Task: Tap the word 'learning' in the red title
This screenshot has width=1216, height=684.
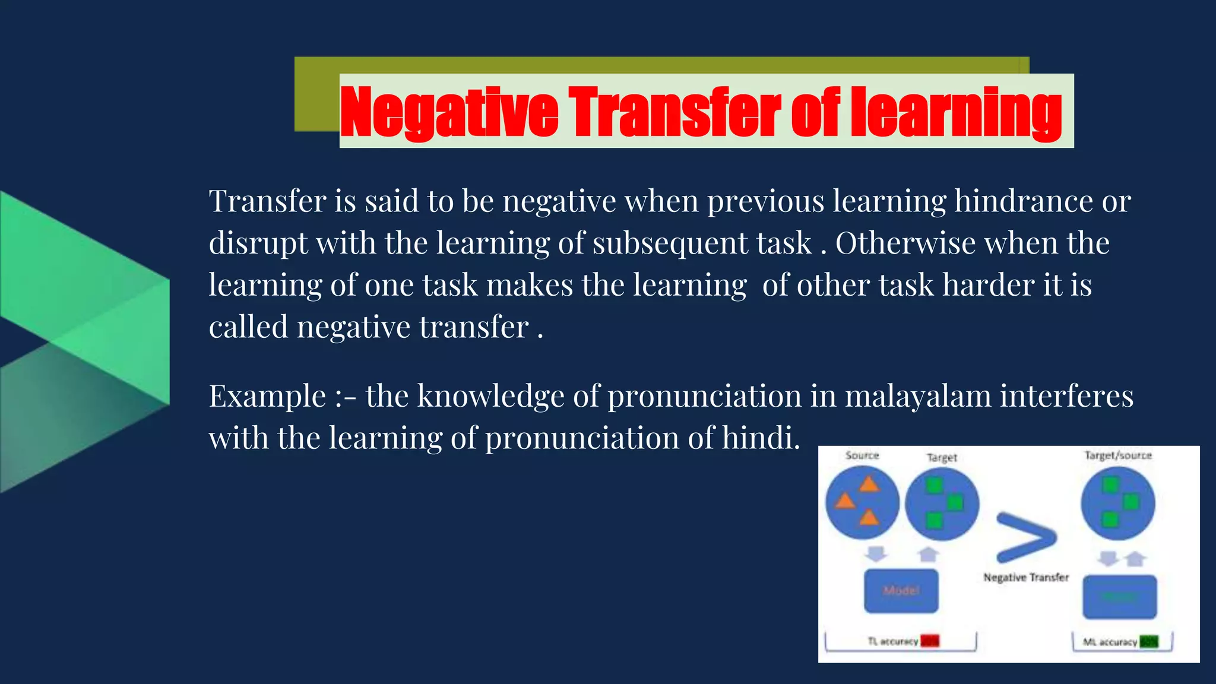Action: [956, 112]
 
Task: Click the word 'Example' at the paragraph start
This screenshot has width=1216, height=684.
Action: [267, 396]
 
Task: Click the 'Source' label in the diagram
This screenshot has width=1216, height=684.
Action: [862, 455]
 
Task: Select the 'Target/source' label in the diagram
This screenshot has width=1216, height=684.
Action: [1118, 455]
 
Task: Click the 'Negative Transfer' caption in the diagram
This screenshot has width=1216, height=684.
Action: [1026, 577]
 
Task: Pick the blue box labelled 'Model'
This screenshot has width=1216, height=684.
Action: [901, 591]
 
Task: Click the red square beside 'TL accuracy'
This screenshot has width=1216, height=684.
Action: [930, 641]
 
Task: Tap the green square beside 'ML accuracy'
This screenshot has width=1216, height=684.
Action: [1149, 642]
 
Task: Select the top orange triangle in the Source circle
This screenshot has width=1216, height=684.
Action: [869, 484]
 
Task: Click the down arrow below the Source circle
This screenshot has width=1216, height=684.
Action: [876, 554]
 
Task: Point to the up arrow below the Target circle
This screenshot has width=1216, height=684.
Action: [928, 554]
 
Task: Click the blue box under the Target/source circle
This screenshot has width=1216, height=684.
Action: [1119, 597]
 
